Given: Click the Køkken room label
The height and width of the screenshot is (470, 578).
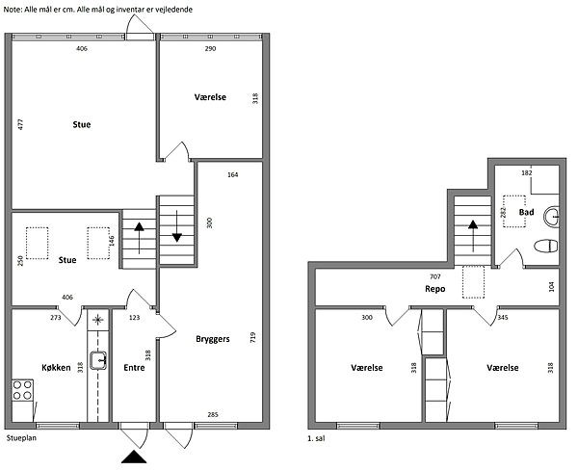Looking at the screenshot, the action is [x=56, y=368].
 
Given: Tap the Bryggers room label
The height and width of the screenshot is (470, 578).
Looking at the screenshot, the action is [x=213, y=339].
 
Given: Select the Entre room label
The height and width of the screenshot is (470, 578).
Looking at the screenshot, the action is [x=134, y=368].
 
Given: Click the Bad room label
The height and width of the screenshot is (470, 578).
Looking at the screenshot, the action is [x=526, y=212].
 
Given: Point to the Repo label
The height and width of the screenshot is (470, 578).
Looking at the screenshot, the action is [x=435, y=289].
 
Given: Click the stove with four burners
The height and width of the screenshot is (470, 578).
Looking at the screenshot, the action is [x=22, y=390].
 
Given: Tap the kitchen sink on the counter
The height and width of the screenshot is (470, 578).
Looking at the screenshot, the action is [x=98, y=360].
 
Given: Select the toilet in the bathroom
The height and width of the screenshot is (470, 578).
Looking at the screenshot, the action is [x=546, y=246].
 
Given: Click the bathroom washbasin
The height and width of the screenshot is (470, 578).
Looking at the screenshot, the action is [x=551, y=216].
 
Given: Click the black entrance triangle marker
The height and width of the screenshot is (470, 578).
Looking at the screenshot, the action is [x=134, y=457].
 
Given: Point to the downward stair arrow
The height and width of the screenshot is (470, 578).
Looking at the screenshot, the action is [x=177, y=226].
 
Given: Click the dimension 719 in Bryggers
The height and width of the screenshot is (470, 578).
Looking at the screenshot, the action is [x=252, y=338].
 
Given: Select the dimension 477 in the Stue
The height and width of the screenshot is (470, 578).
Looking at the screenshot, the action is [x=20, y=124].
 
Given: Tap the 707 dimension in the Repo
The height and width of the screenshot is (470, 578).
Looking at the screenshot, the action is [x=435, y=276].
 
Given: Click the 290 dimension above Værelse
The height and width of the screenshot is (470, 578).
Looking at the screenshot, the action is [x=210, y=48].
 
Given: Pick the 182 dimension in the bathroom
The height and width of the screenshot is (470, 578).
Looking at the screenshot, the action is [x=527, y=173].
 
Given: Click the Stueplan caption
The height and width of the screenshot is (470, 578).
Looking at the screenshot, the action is [x=21, y=438].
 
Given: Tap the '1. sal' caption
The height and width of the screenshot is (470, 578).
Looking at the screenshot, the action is [x=316, y=438].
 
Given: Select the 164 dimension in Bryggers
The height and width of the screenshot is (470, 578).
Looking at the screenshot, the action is [x=232, y=174].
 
